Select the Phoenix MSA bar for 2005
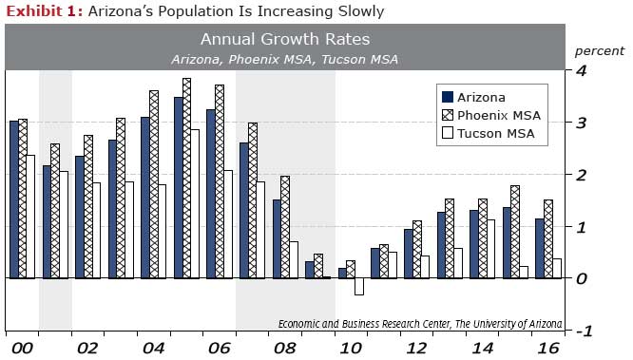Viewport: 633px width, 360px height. [x=187, y=178]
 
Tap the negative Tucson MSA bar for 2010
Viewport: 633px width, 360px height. [x=358, y=287]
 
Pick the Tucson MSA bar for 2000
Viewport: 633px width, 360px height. [x=29, y=217]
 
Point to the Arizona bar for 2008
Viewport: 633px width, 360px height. [x=277, y=238]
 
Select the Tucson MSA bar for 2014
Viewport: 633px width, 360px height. [x=491, y=249]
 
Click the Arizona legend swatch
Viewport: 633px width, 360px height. [x=447, y=97]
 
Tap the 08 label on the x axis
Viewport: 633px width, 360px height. [x=284, y=348]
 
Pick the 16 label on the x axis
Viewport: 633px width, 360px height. [x=547, y=348]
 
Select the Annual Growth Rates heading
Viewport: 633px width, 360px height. [x=285, y=40]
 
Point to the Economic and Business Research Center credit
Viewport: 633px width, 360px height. [x=419, y=323]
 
